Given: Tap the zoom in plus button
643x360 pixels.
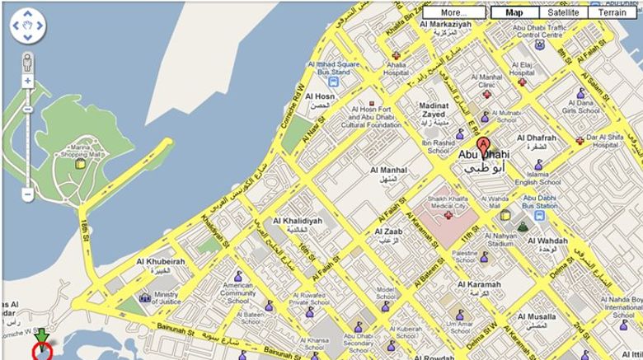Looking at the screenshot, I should coord(28,81).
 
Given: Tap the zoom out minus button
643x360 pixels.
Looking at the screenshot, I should coord(28,194).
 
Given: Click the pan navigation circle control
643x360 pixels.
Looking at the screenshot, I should coord(28,26).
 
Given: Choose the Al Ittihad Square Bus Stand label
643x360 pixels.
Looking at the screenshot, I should coord(336,68).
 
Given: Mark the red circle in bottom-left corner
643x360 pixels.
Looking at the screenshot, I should coord(41,352).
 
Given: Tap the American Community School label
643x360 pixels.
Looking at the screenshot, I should coord(237,293).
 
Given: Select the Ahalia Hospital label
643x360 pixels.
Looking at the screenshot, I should coord(396,69).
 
